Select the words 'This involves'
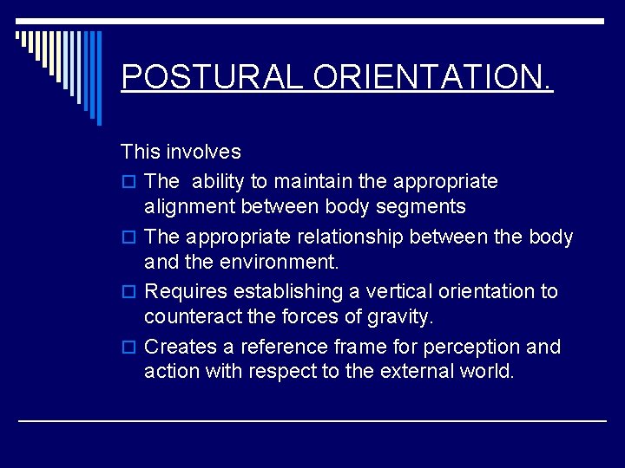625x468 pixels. coord(181,152)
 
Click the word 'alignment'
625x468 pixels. coord(189,207)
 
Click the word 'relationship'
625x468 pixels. coord(331,237)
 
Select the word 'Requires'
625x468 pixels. coord(183,292)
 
